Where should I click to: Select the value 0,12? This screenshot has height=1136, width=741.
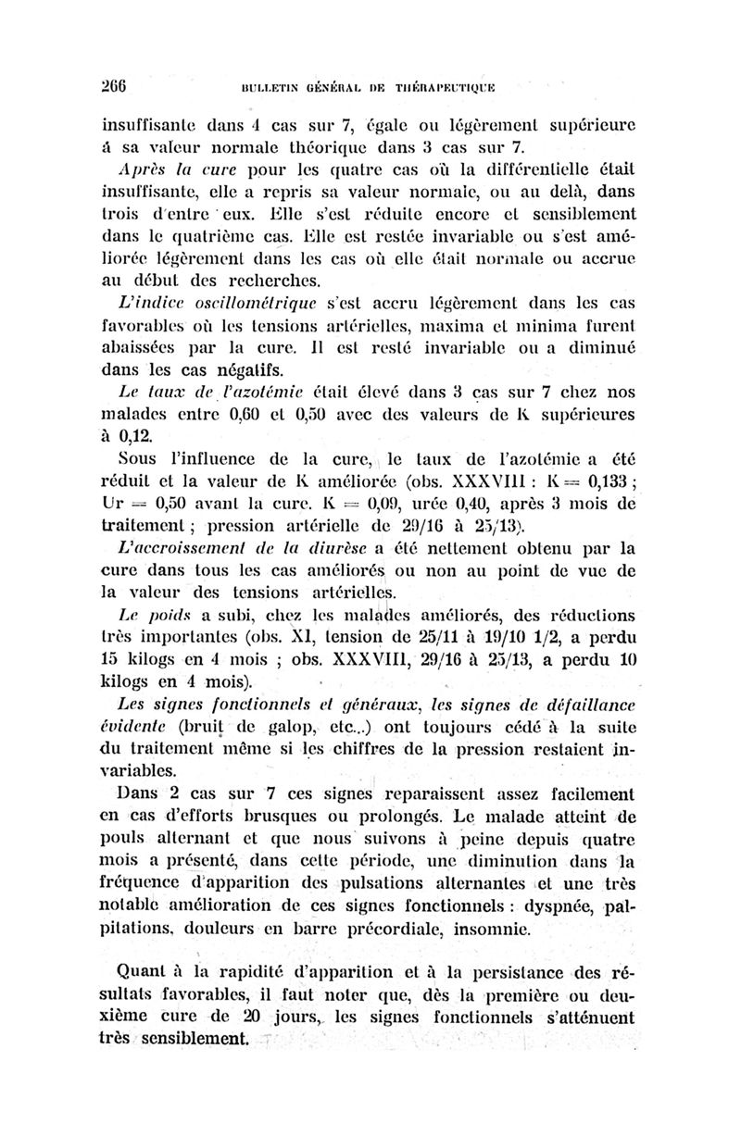pos(136,435)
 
